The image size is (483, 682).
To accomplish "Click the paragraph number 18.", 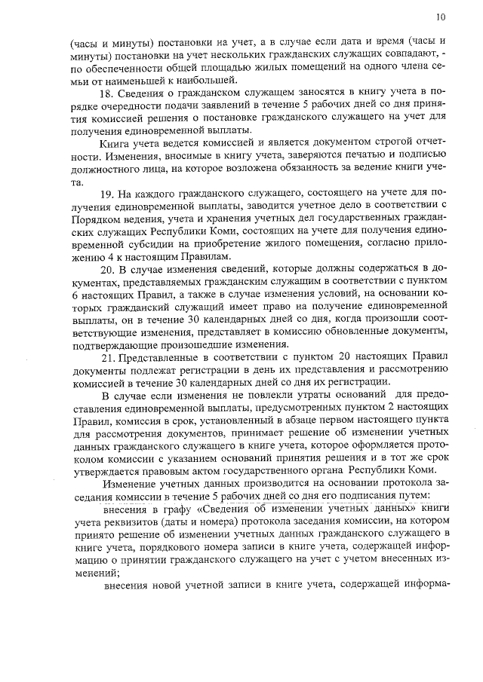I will tap(106, 93).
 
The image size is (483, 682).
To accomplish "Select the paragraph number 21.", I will tap(106, 358).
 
